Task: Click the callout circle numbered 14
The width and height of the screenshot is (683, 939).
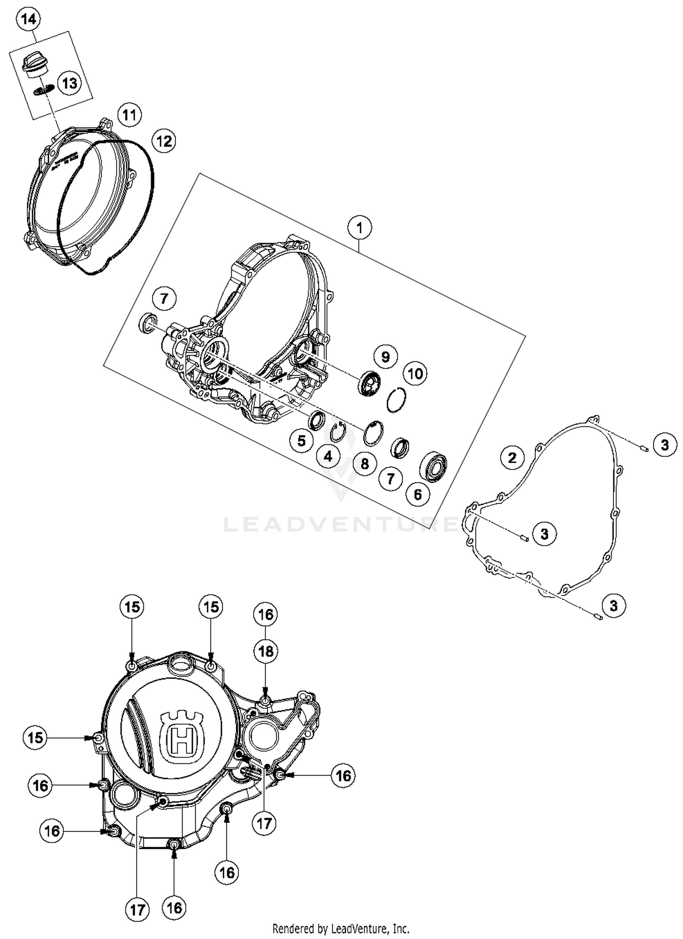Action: (28, 20)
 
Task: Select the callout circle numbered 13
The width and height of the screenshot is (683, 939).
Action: (70, 83)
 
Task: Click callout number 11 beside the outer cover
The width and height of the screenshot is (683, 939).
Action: (129, 115)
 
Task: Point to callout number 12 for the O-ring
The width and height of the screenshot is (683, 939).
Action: (164, 141)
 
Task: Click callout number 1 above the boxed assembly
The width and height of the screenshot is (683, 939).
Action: (360, 227)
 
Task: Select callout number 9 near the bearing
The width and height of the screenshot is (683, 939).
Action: (385, 357)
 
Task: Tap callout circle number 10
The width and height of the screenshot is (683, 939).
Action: (415, 374)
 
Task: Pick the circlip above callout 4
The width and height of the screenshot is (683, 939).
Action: (338, 432)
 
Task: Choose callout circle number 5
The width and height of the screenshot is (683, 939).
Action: (301, 440)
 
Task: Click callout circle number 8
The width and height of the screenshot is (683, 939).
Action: (365, 464)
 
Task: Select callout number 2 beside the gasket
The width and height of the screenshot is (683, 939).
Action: (512, 457)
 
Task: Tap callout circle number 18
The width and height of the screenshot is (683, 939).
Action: (266, 651)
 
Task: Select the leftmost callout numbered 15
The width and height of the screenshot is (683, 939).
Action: (35, 737)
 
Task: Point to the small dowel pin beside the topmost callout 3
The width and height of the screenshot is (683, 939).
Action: (644, 448)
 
